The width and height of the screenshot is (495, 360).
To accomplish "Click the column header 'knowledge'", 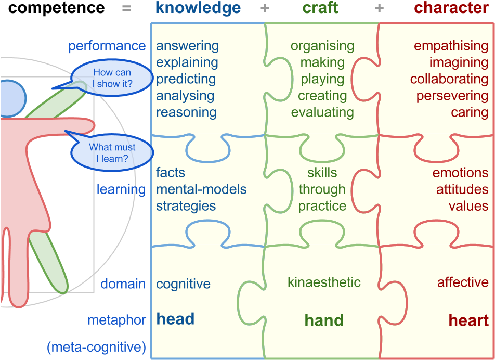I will tap(198, 8).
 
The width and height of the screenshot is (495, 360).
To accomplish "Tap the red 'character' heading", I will tap(451, 8).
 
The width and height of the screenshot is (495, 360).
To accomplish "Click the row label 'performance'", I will tap(107, 46).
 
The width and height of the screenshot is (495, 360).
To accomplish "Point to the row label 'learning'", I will tap(121, 189).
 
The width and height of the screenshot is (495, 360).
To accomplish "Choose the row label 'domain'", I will tap(123, 284).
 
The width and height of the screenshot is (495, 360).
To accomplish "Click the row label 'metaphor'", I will tap(116, 320).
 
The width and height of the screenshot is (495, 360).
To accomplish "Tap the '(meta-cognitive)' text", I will tap(96, 347).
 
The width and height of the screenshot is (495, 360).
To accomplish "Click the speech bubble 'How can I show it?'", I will tap(111, 79).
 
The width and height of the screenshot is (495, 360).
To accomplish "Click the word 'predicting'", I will tap(186, 79).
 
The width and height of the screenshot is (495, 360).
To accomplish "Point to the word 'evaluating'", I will tap(322, 112).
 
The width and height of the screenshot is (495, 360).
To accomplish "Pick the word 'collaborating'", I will tap(449, 79).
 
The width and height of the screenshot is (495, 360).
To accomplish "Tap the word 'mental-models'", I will tap(201, 189).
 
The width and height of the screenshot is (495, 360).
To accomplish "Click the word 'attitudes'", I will tap(462, 189).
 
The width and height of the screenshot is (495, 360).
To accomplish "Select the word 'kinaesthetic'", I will tap(324, 282).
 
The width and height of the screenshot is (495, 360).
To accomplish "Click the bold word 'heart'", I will tap(468, 320).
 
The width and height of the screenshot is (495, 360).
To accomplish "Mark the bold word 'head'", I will tap(175, 319).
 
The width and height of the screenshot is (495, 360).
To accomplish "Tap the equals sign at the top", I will tap(126, 8).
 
